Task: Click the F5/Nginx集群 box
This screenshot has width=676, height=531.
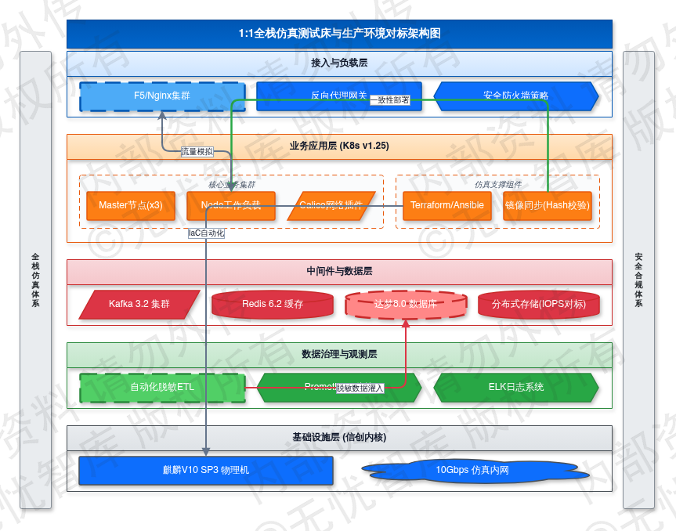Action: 162,96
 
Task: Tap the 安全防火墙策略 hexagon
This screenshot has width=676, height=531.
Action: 516,96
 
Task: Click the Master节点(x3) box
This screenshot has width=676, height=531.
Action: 131,205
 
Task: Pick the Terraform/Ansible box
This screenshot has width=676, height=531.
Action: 447,205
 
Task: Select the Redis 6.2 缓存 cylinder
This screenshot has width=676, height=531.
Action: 273,304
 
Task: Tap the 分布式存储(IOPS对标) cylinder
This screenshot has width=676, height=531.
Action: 539,304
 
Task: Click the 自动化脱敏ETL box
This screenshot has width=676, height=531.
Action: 162,387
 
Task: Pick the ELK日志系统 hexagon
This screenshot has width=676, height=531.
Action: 516,387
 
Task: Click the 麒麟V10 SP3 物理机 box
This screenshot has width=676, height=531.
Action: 206,471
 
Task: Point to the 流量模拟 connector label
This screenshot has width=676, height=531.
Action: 197,152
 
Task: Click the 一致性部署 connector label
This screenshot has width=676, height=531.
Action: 389,99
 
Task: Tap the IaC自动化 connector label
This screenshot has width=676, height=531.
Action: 206,233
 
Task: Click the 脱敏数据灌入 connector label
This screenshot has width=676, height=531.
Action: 360,388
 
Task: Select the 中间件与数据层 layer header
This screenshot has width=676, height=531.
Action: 339,272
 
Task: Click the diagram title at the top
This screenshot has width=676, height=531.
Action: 339,34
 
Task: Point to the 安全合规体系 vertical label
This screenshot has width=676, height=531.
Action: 638,280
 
